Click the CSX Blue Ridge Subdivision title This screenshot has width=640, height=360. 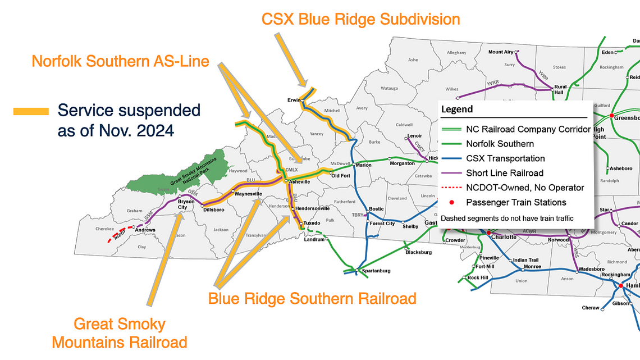point(361,19)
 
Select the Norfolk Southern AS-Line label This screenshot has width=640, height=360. point(120,61)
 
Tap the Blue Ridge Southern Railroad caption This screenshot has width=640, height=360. point(312,298)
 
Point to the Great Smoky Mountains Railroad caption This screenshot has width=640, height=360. point(120,333)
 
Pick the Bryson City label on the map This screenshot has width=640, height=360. point(186,204)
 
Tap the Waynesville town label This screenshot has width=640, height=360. point(248,194)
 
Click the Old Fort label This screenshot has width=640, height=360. point(341,176)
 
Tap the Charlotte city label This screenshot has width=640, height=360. point(504,236)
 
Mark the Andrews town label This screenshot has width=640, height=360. point(144,230)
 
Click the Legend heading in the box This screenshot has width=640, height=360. point(457,110)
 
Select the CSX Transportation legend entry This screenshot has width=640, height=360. point(505,158)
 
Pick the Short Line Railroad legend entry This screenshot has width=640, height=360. point(505,173)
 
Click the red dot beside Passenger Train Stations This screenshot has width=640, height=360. point(452,202)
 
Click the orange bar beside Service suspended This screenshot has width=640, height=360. point(31,112)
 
